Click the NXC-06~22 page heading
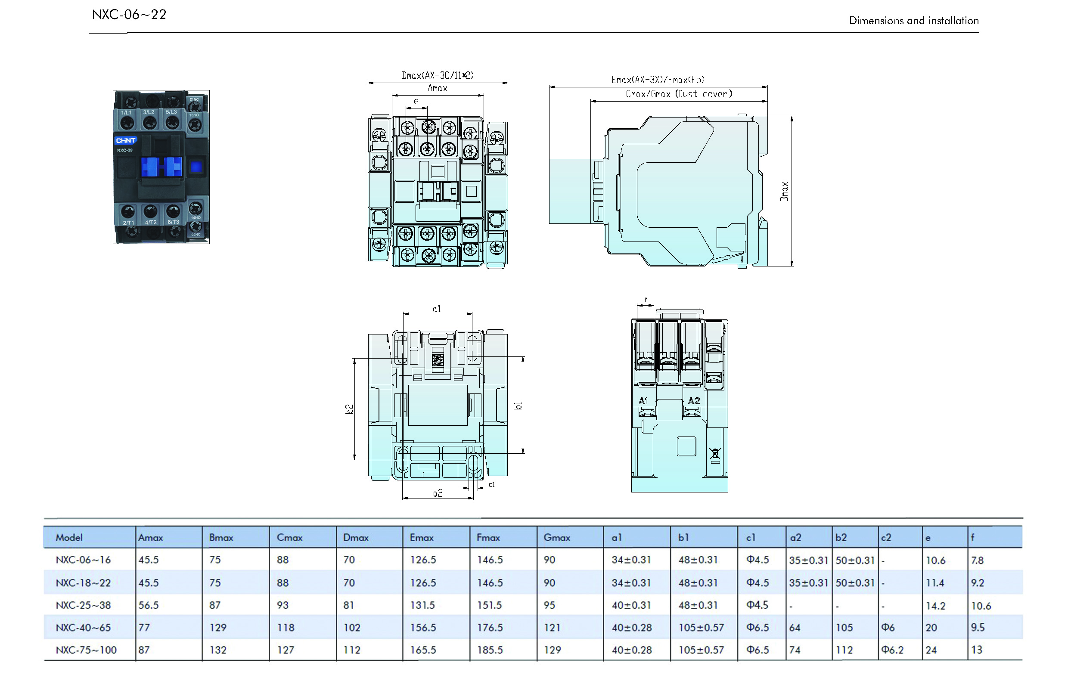pos(129,15)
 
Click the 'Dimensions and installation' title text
pos(914,20)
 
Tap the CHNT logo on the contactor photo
pos(125,141)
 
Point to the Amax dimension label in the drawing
pos(437,88)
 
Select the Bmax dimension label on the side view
pos(784,191)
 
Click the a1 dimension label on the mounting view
pos(437,309)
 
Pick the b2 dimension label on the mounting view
pos(349,409)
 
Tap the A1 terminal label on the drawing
pos(643,400)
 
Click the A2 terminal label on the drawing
pos(694,400)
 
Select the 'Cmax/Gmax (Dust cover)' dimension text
pos(679,93)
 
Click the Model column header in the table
pos(69,537)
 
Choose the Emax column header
pos(421,537)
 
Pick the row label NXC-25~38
pos(84,605)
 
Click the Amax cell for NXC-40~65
pos(144,628)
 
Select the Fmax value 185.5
pos(490,650)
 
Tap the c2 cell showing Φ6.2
pos(892,650)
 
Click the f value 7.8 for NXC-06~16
pos(977,560)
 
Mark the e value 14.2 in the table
pos(935,605)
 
